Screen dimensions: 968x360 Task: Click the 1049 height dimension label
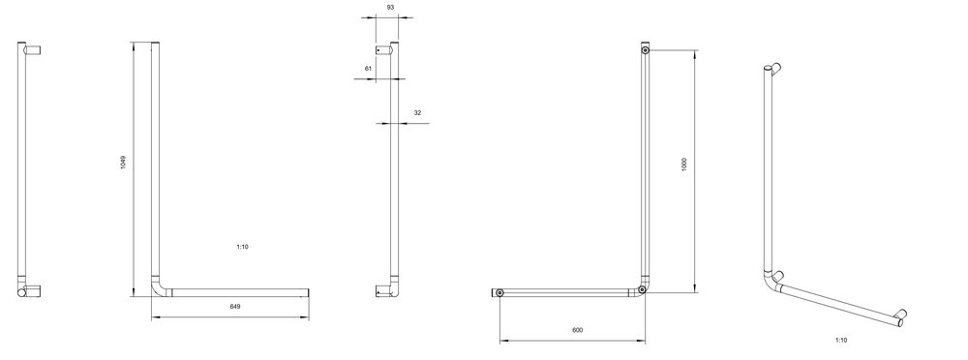[123, 163]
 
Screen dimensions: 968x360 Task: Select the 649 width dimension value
[235, 306]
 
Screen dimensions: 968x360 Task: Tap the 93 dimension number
[390, 8]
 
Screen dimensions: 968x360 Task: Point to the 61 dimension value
[368, 69]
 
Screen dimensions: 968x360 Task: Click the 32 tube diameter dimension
[417, 113]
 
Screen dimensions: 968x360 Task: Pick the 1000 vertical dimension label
[684, 165]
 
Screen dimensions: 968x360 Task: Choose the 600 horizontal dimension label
[577, 330]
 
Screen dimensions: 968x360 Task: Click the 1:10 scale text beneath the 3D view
[841, 341]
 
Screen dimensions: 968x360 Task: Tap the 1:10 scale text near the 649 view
[242, 247]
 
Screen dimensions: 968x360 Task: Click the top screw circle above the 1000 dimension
[645, 50]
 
